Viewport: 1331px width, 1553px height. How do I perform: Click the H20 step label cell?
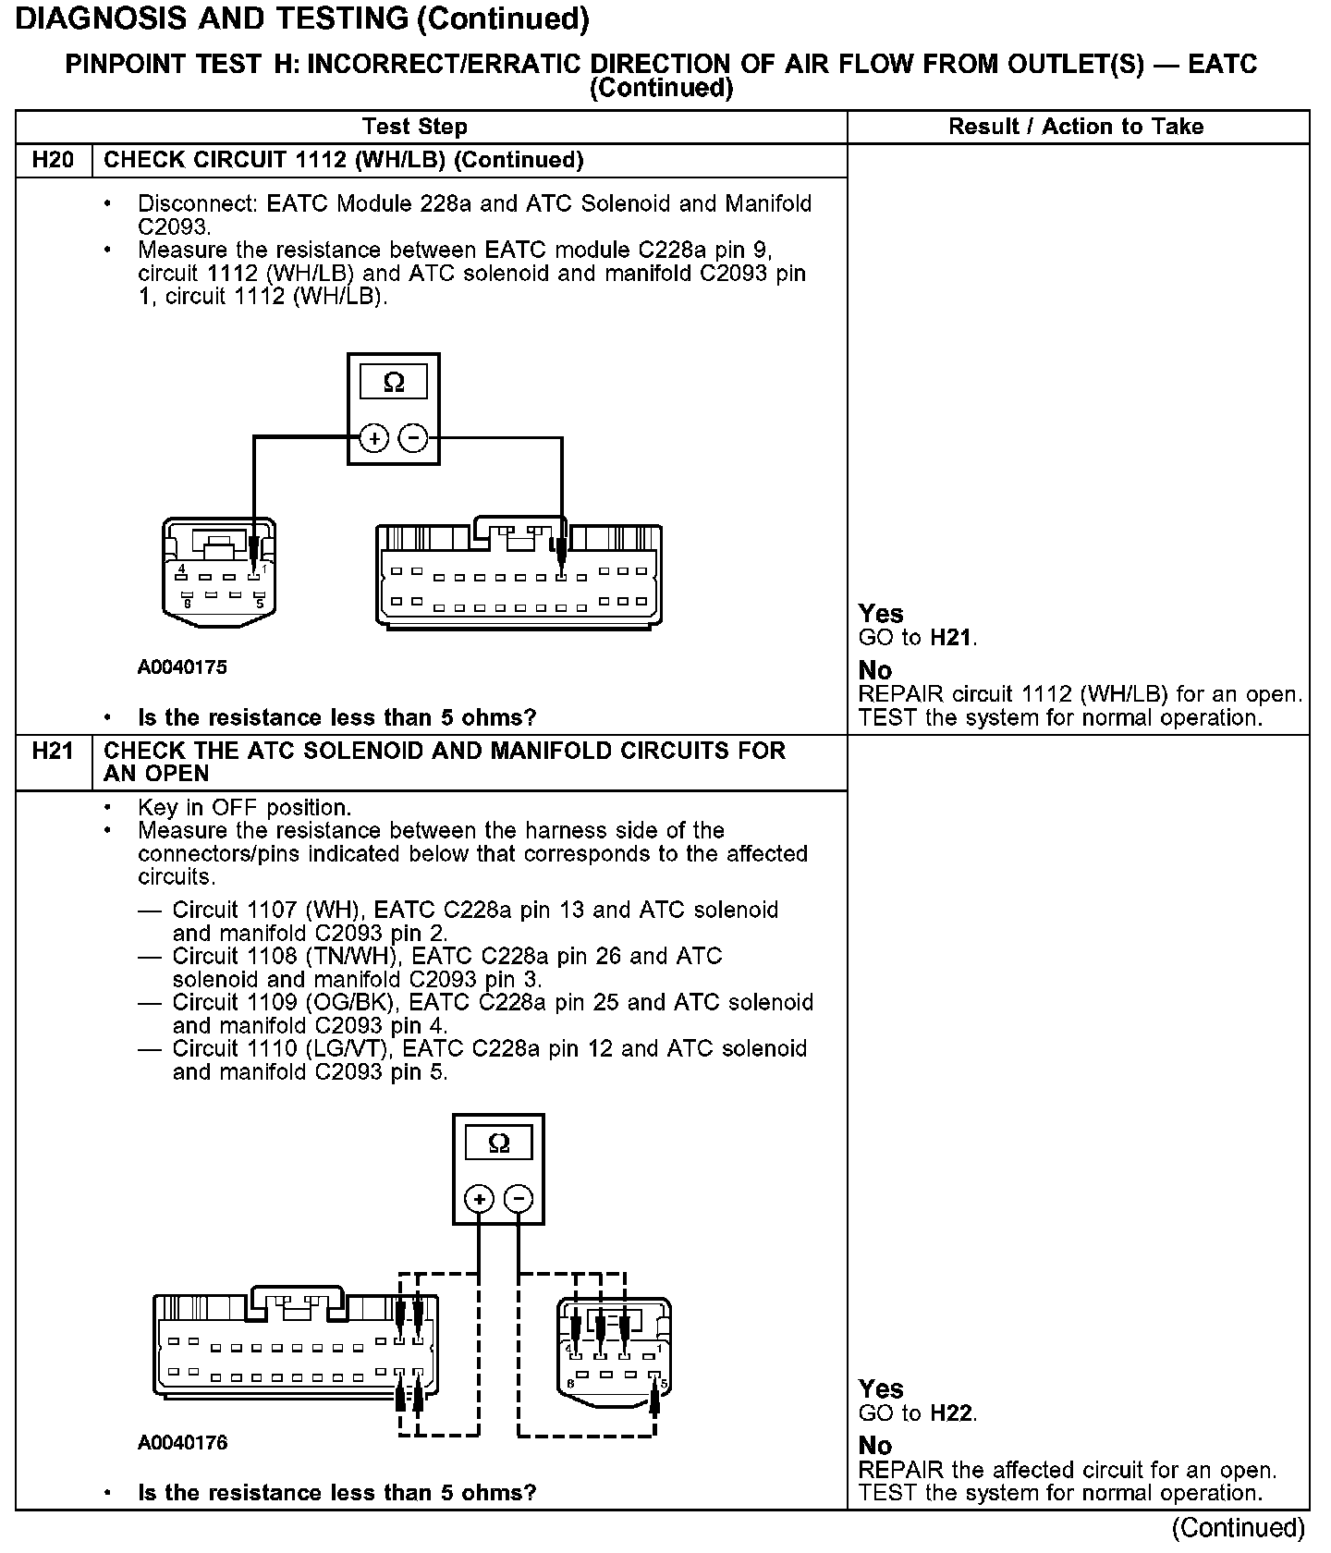click(53, 160)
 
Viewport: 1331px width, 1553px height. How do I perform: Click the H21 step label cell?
click(53, 751)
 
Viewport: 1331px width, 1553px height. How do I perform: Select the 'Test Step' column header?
click(414, 127)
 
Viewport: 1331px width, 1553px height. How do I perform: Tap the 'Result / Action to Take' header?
click(1076, 127)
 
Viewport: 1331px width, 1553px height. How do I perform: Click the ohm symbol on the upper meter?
click(394, 382)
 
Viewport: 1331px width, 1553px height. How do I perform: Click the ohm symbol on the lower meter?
click(498, 1143)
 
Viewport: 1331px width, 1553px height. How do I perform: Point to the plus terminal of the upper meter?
click(373, 438)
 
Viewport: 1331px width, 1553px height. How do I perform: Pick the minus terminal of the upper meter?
click(413, 438)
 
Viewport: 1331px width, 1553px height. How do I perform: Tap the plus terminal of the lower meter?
click(479, 1200)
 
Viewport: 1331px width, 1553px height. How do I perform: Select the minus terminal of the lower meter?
click(519, 1200)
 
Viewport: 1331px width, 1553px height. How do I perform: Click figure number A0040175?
click(182, 666)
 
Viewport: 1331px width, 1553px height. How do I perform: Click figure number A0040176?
click(182, 1442)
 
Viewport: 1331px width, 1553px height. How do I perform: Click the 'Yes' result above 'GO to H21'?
click(880, 613)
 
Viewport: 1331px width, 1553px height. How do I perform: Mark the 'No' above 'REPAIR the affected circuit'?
click(874, 1445)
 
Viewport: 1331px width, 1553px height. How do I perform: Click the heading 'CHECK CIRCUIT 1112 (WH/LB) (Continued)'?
click(343, 160)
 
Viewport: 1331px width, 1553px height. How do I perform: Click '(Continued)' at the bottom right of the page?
click(1238, 1528)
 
